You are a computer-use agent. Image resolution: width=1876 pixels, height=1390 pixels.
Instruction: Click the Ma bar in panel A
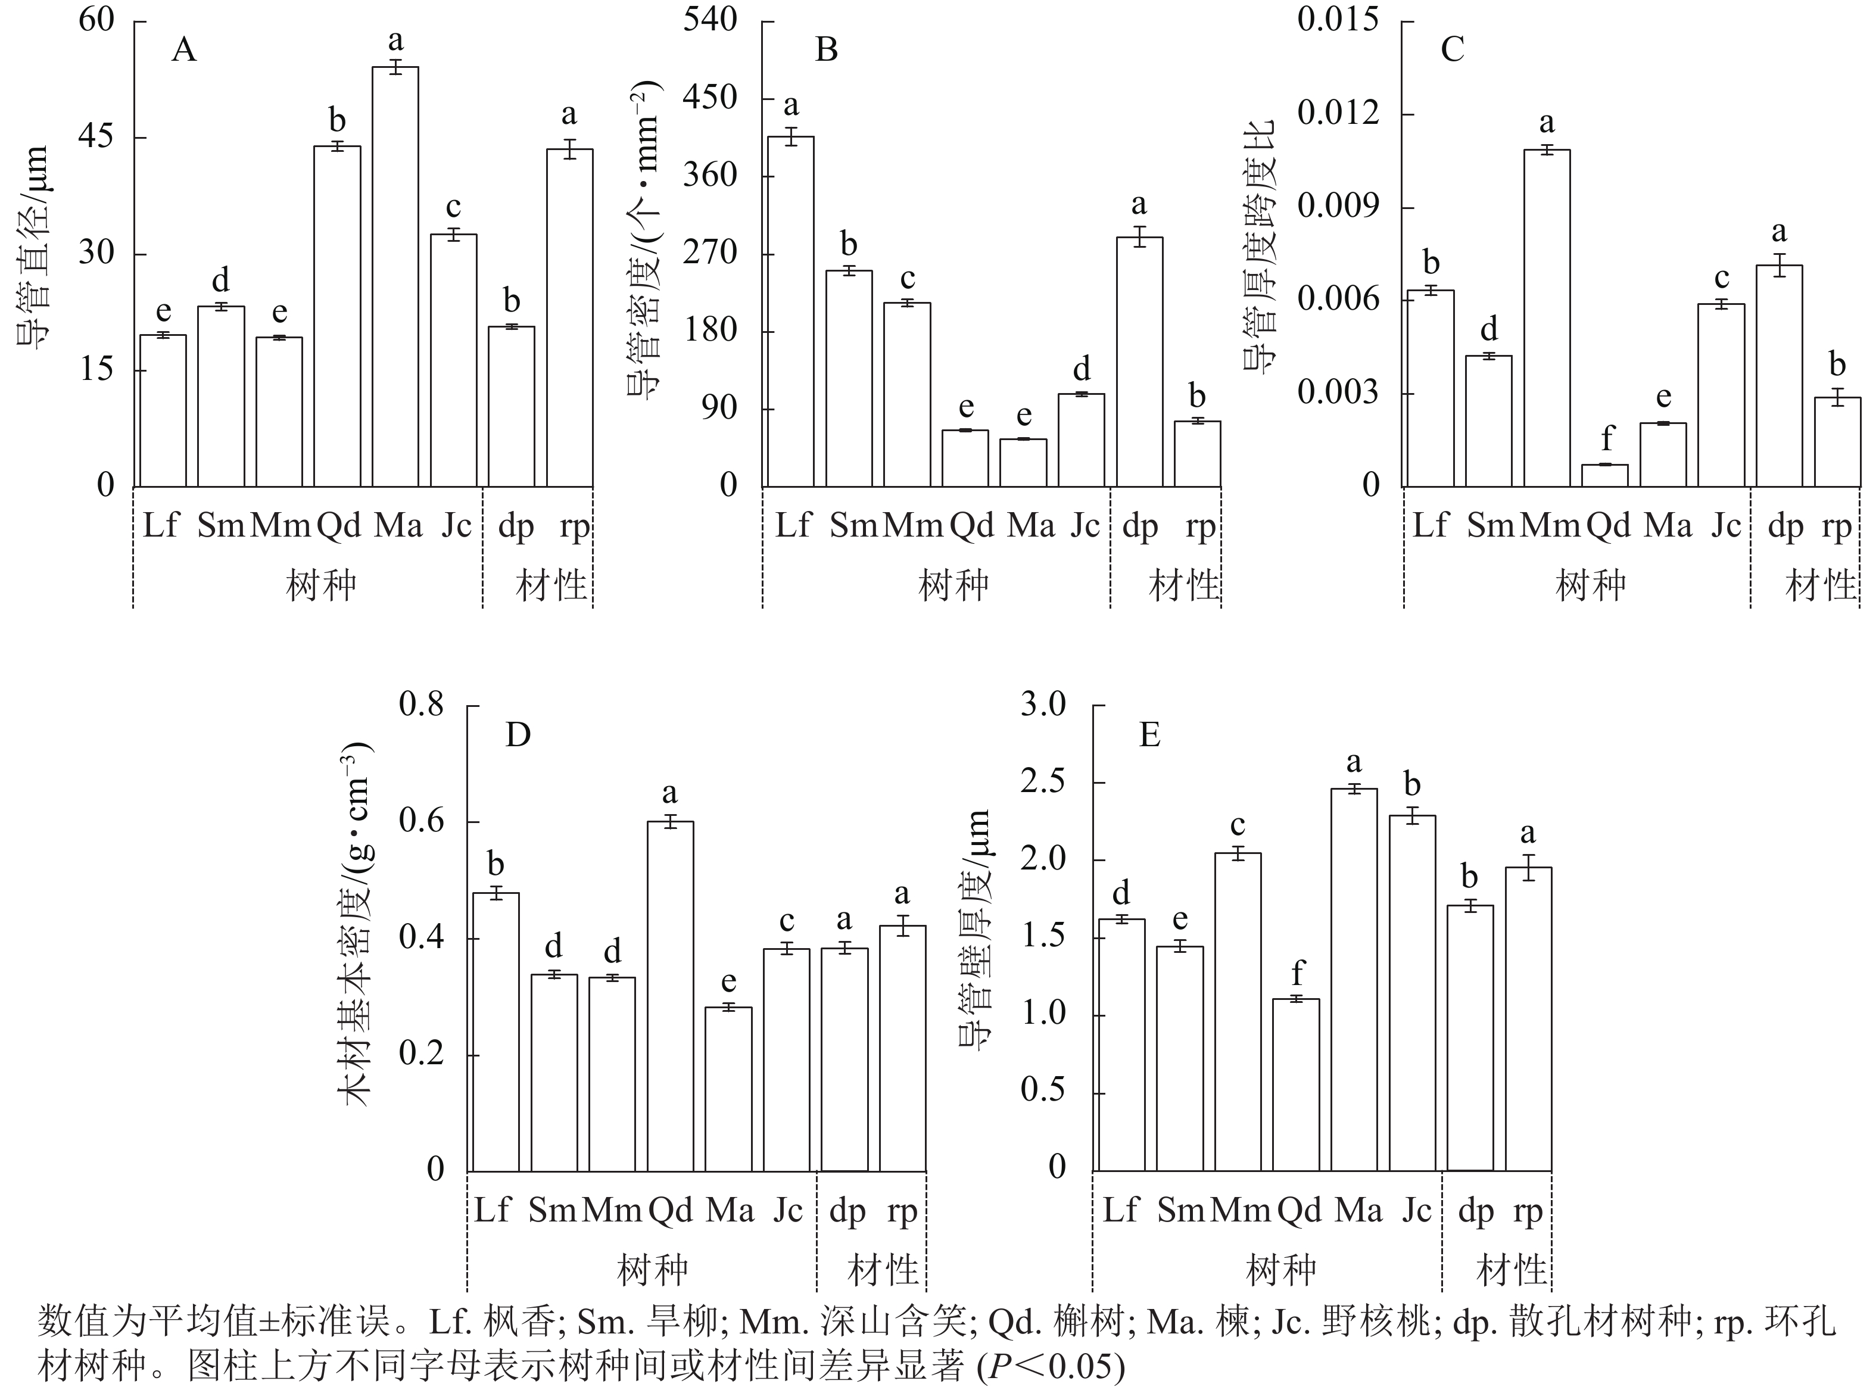395,277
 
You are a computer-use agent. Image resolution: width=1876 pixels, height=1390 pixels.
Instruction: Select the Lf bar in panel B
791,311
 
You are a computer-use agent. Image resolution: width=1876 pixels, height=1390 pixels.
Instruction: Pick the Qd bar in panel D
671,996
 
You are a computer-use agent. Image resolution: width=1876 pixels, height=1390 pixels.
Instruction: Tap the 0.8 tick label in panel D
422,705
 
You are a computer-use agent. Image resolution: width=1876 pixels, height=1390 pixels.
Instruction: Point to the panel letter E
1149,735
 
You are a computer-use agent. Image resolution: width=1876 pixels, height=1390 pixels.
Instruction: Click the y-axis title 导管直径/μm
34,253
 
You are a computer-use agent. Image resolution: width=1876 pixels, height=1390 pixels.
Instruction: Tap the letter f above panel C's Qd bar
1607,438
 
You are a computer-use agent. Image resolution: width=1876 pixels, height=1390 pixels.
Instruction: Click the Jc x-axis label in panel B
1085,526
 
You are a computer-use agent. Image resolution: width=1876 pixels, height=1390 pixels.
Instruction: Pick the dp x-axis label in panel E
1476,1211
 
